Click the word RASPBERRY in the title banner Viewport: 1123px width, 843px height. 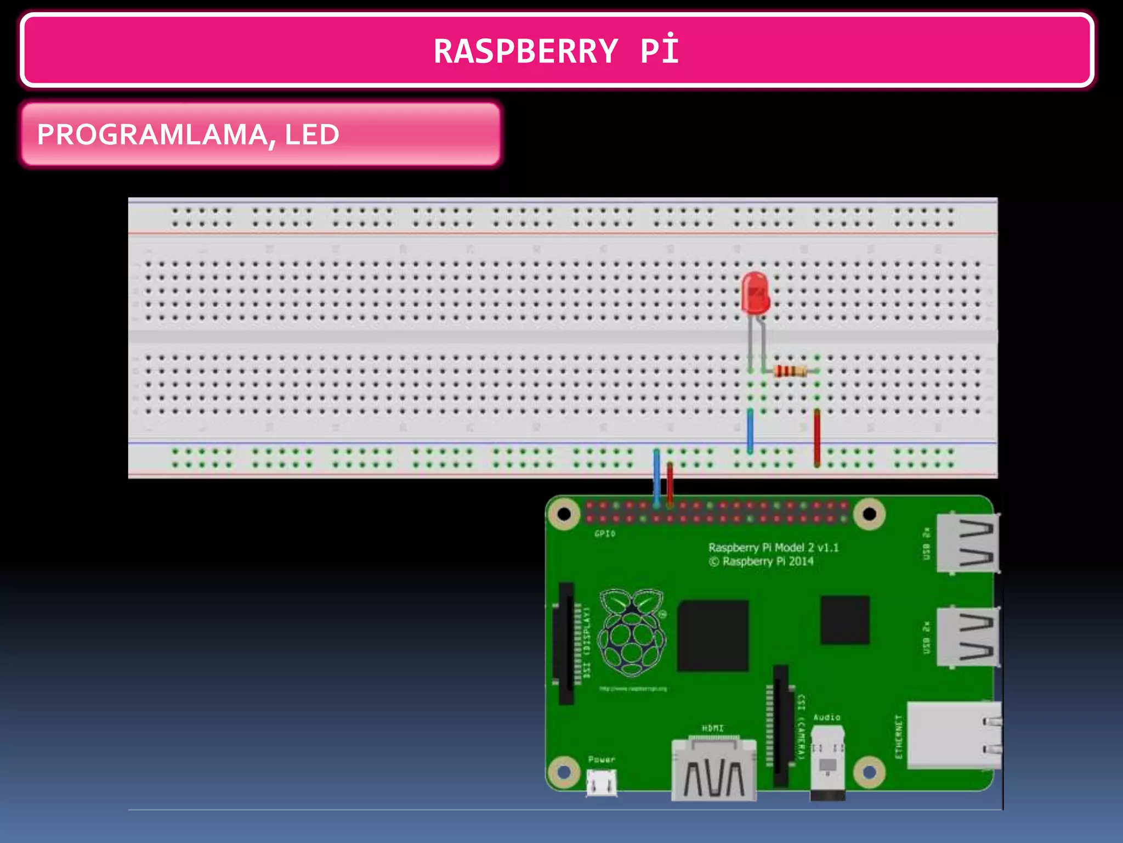(525, 52)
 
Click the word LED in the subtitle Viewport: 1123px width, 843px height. (311, 135)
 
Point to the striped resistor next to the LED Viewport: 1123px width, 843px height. (790, 372)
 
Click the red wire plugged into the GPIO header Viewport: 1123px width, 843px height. (670, 483)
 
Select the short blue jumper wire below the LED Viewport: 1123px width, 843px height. (750, 431)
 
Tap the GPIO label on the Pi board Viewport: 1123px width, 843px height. (604, 533)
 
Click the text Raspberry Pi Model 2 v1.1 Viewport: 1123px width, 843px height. (773, 547)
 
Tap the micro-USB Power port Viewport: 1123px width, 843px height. (602, 782)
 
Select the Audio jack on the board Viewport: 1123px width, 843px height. (827, 760)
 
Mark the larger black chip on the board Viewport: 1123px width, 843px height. (713, 636)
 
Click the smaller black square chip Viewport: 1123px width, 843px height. (844, 620)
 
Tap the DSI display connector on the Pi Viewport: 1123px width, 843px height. (566, 643)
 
